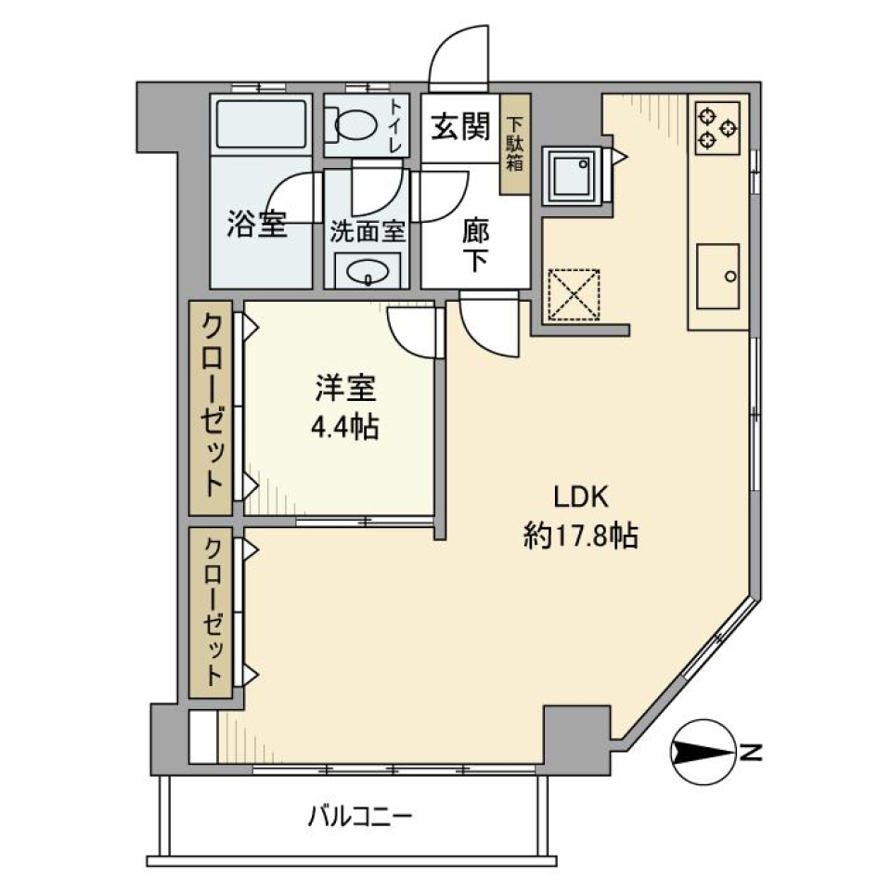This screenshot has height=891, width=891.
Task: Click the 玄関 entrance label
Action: pyautogui.click(x=459, y=127)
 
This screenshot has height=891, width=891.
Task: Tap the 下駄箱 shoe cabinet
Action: pyautogui.click(x=514, y=145)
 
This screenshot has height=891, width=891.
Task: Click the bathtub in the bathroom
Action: pyautogui.click(x=262, y=124)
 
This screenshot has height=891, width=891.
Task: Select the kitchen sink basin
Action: pyautogui.click(x=717, y=277)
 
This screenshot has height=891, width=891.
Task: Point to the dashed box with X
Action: pyautogui.click(x=574, y=293)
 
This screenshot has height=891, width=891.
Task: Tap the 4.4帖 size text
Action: pyautogui.click(x=343, y=427)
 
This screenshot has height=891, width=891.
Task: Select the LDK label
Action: pyautogui.click(x=581, y=497)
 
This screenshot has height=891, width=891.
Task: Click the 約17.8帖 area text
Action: pyautogui.click(x=581, y=536)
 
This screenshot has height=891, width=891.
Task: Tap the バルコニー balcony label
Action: pyautogui.click(x=359, y=818)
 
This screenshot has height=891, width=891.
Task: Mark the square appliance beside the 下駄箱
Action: pyautogui.click(x=573, y=174)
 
